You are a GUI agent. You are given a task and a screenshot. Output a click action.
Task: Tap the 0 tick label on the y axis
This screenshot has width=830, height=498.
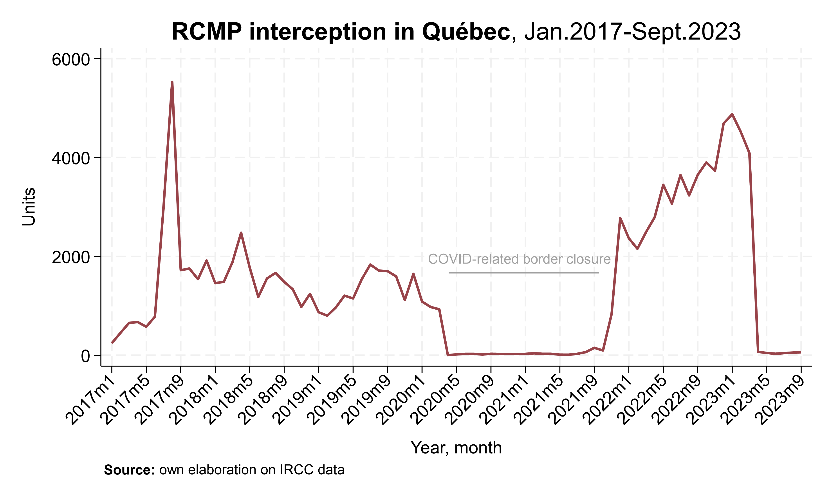[x=86, y=356]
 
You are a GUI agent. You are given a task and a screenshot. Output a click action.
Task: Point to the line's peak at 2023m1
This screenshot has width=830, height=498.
[x=732, y=114]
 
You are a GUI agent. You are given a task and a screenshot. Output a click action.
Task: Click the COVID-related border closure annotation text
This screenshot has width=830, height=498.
[x=519, y=259]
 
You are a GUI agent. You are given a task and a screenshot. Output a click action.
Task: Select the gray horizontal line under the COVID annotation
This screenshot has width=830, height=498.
[x=523, y=273]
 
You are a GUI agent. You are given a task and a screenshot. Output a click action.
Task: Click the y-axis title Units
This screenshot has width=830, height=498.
[x=29, y=206]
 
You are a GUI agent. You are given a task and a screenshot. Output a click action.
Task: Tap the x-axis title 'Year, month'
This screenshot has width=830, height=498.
[x=456, y=448]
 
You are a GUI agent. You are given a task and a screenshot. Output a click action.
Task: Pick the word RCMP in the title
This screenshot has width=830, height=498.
[x=207, y=32]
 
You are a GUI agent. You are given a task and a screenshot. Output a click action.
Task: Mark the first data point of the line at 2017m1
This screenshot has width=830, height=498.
[x=112, y=343]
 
